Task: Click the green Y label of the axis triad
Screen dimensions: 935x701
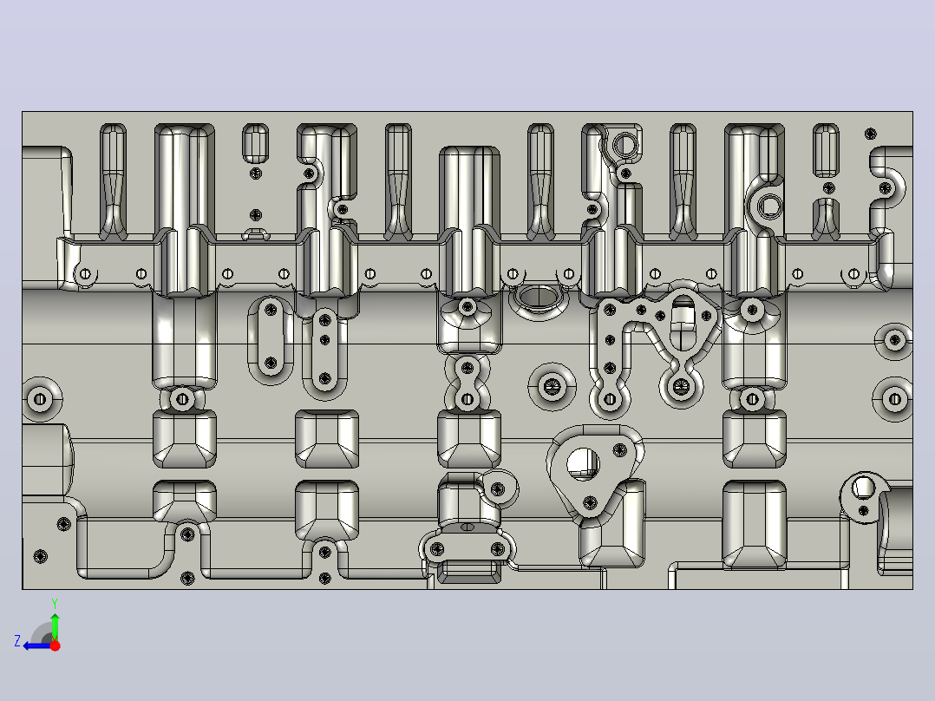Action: (x=55, y=603)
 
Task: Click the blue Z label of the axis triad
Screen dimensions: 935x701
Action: (x=17, y=641)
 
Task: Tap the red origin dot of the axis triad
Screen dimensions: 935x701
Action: (x=55, y=645)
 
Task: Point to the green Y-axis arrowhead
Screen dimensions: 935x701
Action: (x=55, y=618)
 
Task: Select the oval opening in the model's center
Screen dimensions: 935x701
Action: (x=538, y=297)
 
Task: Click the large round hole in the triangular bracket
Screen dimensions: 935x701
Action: (x=583, y=464)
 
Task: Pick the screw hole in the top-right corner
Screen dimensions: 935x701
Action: (x=871, y=133)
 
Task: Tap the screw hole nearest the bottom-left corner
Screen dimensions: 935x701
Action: (x=41, y=557)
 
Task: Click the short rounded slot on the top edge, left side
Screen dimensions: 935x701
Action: (x=256, y=143)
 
